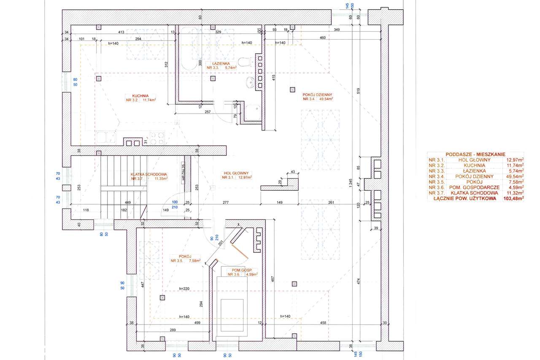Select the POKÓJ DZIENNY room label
tap(318, 95)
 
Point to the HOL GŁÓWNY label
tap(237, 173)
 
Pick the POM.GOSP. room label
tap(242, 270)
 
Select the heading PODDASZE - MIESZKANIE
tap(475, 155)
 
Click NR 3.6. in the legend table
tap(437, 187)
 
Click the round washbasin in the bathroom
tap(249, 82)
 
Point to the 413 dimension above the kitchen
tap(120, 32)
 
